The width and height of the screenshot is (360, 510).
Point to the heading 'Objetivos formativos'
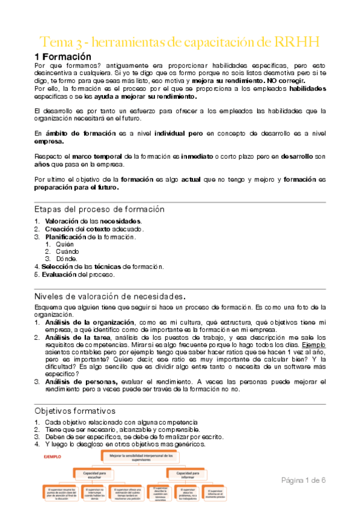[x=75, y=410]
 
